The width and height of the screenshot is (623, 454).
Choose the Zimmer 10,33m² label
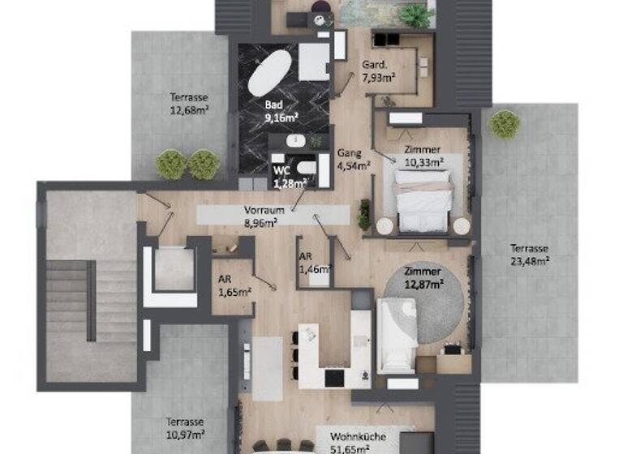click(423, 156)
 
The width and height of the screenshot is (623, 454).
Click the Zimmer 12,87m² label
click(423, 277)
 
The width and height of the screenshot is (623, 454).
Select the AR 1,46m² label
click(312, 262)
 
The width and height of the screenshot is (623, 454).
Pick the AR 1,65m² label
click(233, 284)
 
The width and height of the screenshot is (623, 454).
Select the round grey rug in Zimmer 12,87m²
click(422, 300)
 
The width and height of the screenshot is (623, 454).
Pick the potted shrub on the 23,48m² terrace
click(505, 124)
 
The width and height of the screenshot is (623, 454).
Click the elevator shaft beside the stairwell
click(170, 275)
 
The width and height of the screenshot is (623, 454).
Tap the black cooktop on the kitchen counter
click(334, 377)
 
